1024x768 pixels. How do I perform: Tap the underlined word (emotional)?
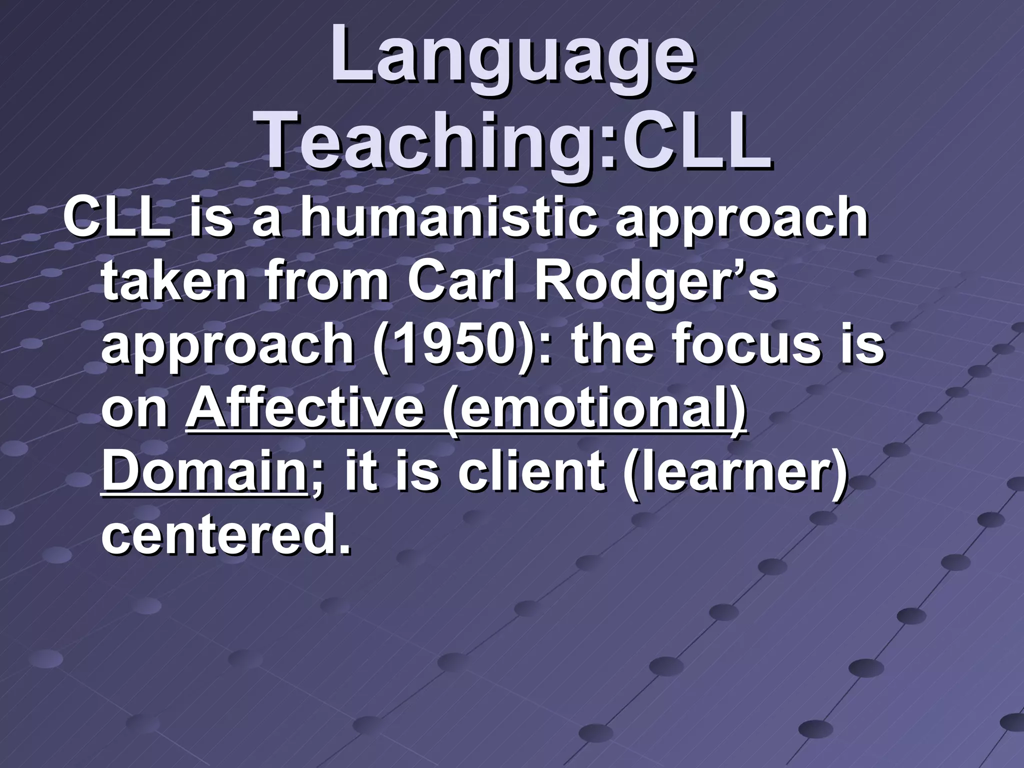coord(595,409)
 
